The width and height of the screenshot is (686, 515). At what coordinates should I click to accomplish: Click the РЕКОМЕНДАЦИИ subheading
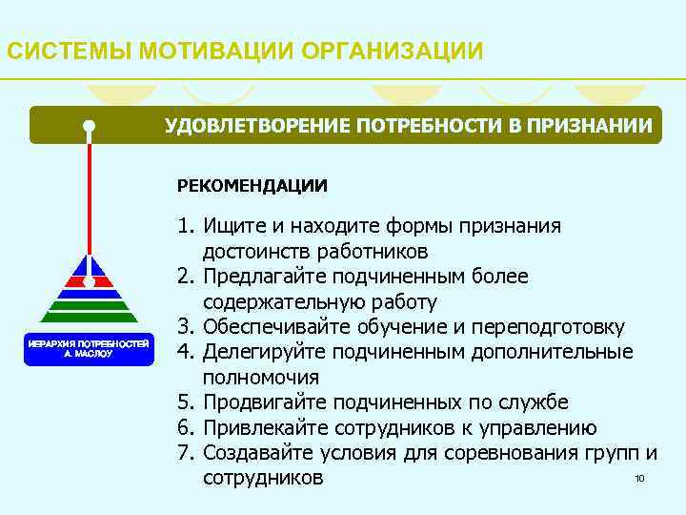click(252, 184)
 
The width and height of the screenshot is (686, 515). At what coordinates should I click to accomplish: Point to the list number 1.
click(184, 226)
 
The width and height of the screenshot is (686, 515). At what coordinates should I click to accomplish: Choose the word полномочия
click(261, 377)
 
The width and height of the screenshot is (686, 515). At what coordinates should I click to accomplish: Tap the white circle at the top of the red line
click(89, 126)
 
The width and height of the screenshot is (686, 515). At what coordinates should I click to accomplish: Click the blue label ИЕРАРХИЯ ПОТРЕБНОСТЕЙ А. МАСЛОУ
click(88, 347)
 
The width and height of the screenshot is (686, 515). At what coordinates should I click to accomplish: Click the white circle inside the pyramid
click(89, 282)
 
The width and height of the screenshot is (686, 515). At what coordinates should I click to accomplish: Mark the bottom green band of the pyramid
click(89, 319)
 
